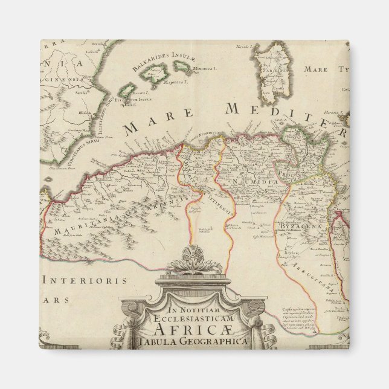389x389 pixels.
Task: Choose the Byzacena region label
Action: [295, 227]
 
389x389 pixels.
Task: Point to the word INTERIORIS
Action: [86, 281]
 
